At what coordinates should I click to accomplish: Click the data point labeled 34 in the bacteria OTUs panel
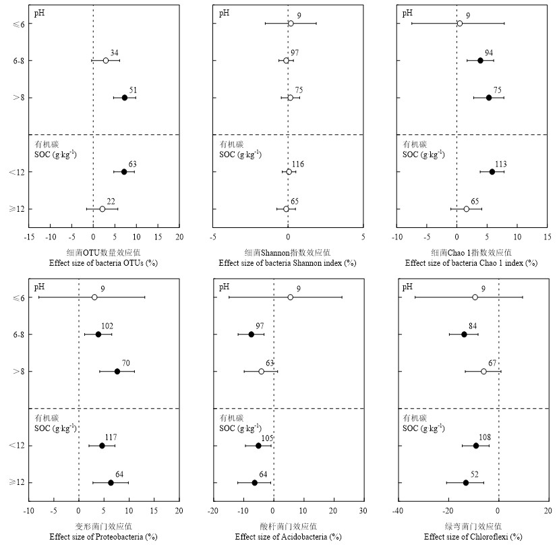pos(106,61)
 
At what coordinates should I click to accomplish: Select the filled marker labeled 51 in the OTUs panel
pos(125,98)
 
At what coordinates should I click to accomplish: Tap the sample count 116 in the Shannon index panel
pos(298,165)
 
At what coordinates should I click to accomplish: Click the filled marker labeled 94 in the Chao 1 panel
pos(480,61)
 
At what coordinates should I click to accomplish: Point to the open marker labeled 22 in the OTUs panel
pos(102,209)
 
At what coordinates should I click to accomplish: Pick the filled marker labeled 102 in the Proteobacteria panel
pos(98,335)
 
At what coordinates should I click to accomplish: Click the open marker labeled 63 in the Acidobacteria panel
pos(262,372)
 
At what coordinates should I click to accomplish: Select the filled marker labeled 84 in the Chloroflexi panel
pos(464,335)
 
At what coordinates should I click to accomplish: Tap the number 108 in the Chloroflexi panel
pos(483,438)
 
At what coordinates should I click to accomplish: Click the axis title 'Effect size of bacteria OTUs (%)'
pos(103,263)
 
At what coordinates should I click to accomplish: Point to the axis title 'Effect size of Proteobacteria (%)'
pos(103,537)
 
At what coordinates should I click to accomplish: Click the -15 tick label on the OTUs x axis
pos(29,237)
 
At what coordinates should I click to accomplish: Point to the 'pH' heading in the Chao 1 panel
pos(407,13)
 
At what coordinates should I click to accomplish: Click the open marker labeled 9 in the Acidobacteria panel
pos(291,297)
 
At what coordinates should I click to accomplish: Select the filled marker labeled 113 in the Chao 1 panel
pos(492,172)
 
